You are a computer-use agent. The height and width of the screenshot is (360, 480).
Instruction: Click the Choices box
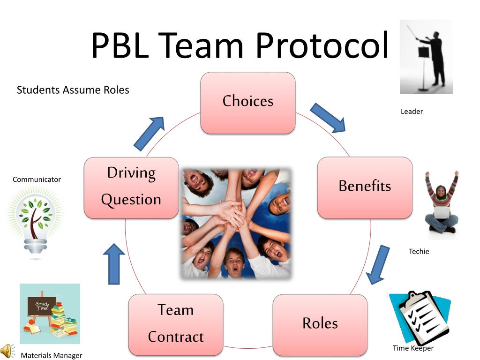[248, 103]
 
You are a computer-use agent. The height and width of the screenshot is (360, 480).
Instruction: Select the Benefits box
[365, 187]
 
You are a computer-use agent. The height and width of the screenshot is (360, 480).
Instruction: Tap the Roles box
[320, 324]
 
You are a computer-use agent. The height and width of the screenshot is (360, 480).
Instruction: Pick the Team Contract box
[176, 324]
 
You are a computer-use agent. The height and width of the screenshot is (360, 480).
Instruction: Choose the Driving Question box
[131, 187]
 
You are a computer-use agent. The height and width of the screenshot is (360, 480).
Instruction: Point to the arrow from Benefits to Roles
[379, 264]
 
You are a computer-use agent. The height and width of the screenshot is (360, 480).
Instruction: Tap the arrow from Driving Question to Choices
[149, 134]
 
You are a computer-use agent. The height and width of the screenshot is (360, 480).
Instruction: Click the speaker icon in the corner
[7, 351]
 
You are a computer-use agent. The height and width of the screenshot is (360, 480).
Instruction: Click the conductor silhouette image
[426, 56]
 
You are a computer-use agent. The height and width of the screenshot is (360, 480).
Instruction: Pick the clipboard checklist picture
[419, 316]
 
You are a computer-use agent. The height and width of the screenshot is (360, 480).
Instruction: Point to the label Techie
[419, 252]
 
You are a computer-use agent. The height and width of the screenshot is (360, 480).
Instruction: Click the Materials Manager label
[52, 356]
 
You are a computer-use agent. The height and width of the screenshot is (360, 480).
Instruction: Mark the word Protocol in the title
[322, 45]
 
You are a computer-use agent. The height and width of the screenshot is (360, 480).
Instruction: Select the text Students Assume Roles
[73, 90]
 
